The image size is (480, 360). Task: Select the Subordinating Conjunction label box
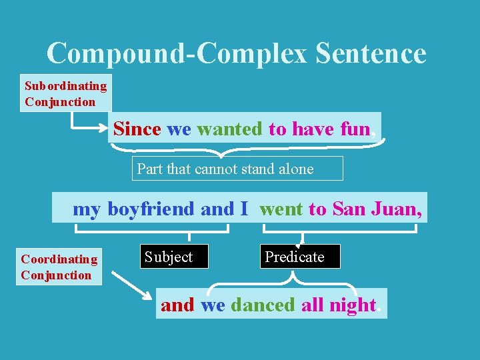click(x=65, y=93)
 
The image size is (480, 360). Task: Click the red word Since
click(x=137, y=129)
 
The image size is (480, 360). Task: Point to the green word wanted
click(x=230, y=129)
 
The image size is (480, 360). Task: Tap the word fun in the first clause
click(x=355, y=129)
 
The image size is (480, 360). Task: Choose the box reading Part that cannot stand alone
click(x=237, y=169)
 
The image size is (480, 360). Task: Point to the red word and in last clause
click(x=177, y=305)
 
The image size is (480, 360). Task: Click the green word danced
click(x=262, y=305)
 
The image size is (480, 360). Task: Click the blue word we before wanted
click(x=179, y=129)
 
